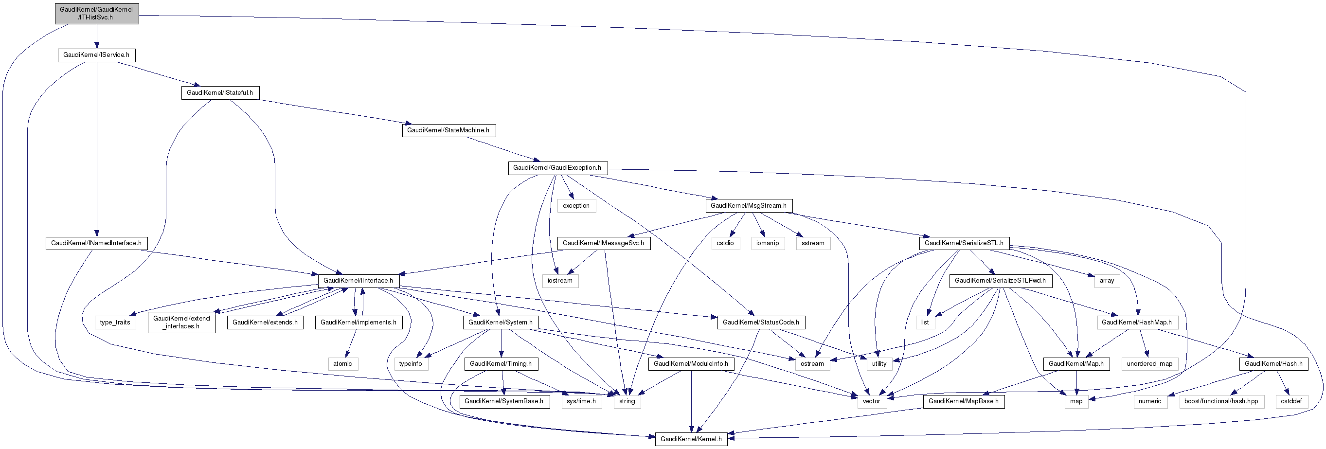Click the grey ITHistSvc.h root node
97,14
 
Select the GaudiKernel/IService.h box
96,55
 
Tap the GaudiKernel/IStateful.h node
220,93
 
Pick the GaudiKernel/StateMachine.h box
448,130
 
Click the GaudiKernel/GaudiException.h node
557,168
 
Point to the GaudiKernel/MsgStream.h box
748,205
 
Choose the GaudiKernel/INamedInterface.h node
96,243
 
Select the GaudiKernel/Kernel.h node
691,439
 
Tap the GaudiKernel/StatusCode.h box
761,323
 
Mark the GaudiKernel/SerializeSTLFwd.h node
1000,281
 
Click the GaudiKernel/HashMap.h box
1137,323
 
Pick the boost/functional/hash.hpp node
1221,401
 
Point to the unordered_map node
1149,363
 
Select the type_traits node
115,323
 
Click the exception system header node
576,205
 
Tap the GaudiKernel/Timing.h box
501,363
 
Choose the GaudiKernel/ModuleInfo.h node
691,363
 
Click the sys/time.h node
581,401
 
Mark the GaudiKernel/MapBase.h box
963,401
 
